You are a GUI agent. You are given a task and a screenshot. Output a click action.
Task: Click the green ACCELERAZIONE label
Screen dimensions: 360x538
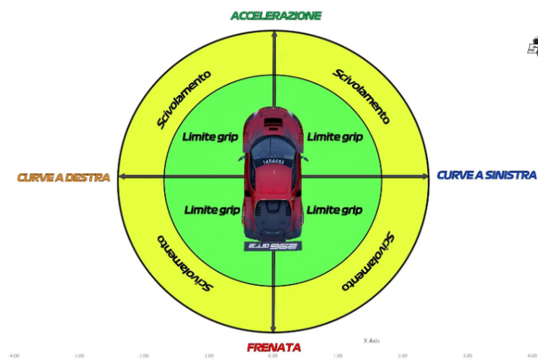pos(275,15)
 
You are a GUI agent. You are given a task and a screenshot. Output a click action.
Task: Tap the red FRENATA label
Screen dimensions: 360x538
pos(274,347)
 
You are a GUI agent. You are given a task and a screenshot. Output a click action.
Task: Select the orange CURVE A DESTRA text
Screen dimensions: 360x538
pos(63,177)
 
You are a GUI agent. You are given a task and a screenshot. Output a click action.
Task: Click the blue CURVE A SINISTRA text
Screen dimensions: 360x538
pos(487,175)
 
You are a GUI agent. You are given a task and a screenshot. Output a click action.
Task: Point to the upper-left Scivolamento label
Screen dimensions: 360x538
pos(184,99)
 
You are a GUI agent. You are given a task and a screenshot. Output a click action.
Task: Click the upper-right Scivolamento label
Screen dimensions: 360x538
pos(362,96)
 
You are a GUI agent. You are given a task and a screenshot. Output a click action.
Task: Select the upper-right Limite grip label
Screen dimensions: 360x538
pos(334,136)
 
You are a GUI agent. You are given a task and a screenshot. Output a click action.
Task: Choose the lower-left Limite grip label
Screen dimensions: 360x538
pos(212,210)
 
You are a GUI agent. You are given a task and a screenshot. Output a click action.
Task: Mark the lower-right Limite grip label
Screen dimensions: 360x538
pos(334,210)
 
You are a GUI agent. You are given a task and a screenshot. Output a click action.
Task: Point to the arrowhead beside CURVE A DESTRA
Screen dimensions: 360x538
pos(122,176)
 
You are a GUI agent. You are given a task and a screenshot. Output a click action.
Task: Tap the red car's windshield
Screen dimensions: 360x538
pos(273,148)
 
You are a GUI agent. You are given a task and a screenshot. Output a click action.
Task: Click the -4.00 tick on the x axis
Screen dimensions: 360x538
pos(14,355)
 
